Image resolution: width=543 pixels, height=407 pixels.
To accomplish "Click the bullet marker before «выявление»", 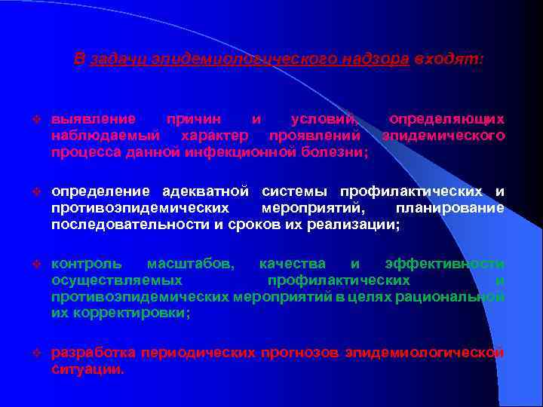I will point(36,120).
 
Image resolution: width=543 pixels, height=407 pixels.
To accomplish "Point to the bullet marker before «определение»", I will point(36,189).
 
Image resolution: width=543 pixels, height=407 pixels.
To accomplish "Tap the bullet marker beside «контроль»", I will point(36,265).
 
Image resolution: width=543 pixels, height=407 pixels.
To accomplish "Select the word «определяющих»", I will point(446,119).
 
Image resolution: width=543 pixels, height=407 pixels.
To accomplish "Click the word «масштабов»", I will point(190,264).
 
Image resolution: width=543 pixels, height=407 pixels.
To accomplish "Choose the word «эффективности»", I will point(444,264).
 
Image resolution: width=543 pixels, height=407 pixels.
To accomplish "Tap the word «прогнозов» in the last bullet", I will point(302,353).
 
